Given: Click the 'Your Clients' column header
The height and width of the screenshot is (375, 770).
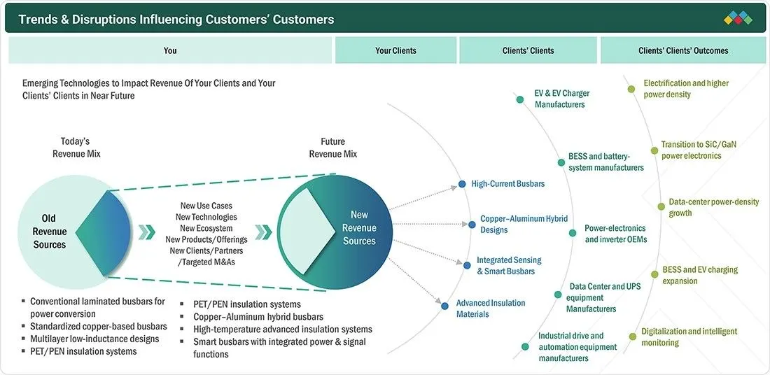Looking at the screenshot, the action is [395, 50].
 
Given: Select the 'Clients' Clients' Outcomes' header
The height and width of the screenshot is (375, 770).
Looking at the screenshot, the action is [683, 50].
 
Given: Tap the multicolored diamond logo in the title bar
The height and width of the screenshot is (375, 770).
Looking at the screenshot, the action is [738, 19].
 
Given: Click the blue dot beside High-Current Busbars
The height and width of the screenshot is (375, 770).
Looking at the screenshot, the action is [461, 184].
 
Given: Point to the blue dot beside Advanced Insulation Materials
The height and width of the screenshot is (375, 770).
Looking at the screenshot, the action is [445, 306].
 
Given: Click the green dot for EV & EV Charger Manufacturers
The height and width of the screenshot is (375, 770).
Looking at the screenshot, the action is [520, 99].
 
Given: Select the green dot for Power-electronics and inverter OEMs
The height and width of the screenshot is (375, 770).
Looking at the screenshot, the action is [572, 233].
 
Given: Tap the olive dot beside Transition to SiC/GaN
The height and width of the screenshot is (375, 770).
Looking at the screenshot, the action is [654, 150].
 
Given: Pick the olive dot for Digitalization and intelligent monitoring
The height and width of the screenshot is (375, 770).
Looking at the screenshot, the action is [632, 337].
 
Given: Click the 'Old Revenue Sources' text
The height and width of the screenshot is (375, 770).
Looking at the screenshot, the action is [50, 231].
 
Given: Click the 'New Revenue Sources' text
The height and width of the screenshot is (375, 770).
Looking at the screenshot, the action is [359, 228].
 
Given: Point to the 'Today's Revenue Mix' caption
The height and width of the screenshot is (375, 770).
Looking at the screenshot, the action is [76, 147].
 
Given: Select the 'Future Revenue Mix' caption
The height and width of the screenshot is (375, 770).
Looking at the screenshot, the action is [333, 148].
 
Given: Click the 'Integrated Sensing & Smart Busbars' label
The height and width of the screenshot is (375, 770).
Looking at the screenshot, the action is [509, 266].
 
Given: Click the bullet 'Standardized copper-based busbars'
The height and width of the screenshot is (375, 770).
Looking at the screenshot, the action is [99, 327].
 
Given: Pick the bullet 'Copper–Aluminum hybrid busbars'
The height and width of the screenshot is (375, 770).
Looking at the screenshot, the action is [258, 317].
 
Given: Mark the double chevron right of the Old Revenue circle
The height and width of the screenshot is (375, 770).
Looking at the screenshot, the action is [147, 232].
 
